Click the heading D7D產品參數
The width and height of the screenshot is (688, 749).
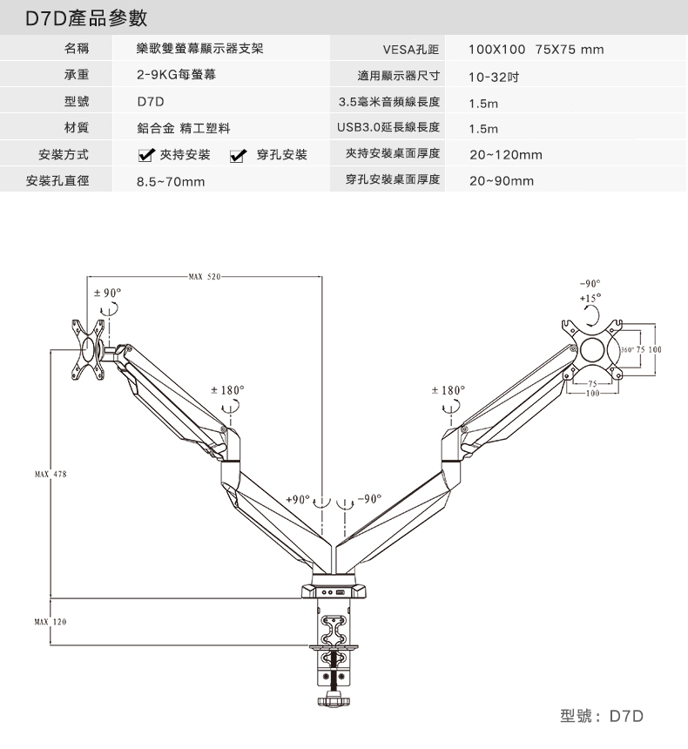point(86,18)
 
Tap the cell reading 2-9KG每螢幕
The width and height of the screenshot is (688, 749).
point(176,75)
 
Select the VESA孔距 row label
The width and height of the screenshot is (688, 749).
point(410,49)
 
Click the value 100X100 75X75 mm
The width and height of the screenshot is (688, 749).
point(536,50)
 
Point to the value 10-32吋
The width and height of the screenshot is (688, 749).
point(494,77)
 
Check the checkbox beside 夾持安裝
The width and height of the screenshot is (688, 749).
point(145,155)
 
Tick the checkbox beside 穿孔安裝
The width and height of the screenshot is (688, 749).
point(238,155)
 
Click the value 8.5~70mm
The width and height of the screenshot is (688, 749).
point(171,181)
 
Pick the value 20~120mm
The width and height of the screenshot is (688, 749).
point(505,155)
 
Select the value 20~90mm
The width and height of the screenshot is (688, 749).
point(501,181)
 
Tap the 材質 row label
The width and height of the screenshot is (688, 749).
point(77,127)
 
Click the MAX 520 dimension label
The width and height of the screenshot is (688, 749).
point(205,277)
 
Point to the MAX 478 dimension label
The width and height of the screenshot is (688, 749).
point(51,475)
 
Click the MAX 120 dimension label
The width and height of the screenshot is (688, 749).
point(51,622)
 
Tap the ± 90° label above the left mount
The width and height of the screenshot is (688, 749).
point(107,293)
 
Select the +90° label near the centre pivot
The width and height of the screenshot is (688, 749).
point(298,499)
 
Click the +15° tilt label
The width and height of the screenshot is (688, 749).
point(590,298)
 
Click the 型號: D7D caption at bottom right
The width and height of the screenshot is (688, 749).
point(602,716)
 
